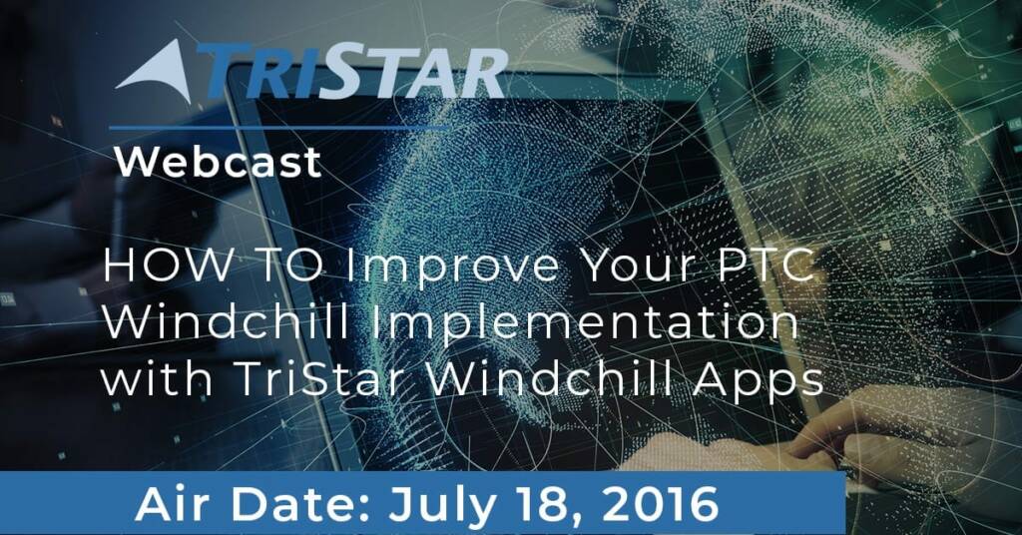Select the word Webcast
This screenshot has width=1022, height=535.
pyautogui.click(x=219, y=162)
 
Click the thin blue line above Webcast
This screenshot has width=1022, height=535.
pyautogui.click(x=280, y=128)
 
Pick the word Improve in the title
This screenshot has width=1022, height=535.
pyautogui.click(x=452, y=267)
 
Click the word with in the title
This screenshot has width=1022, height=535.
pyautogui.click(x=157, y=378)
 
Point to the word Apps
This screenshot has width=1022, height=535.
pyautogui.click(x=759, y=380)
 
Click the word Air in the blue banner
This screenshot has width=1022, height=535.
pyautogui.click(x=175, y=504)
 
